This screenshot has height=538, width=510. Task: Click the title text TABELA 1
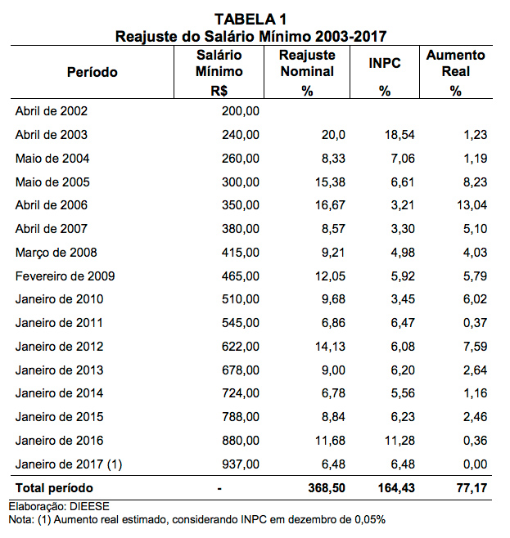click(251, 18)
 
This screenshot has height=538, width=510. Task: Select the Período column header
click(92, 72)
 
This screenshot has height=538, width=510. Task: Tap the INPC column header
click(384, 63)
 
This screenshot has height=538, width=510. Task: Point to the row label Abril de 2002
click(51, 111)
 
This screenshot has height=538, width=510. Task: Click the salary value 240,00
click(241, 135)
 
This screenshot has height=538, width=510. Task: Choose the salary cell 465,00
click(241, 276)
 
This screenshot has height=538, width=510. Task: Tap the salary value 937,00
click(241, 464)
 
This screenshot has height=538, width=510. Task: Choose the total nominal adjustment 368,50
click(323, 488)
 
